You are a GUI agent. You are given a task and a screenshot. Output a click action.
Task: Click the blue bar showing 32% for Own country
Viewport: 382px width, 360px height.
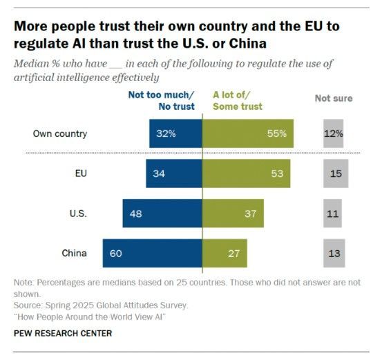point(175,133)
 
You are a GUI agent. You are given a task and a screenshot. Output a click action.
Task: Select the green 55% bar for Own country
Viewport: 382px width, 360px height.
point(247,133)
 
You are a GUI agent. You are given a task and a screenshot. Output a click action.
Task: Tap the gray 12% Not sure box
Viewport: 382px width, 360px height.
point(334,133)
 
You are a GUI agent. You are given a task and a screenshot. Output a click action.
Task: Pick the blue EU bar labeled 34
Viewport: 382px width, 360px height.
point(173,173)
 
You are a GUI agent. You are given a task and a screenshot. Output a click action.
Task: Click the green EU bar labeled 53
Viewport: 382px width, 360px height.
point(246,173)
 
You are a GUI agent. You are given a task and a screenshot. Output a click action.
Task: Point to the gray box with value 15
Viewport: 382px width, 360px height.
point(334,173)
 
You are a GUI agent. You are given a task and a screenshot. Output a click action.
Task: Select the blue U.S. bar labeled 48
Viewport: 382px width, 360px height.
point(162,214)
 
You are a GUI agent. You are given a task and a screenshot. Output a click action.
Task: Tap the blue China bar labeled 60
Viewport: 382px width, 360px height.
point(152,254)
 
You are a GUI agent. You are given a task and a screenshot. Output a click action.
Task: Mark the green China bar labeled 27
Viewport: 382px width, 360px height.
point(225,254)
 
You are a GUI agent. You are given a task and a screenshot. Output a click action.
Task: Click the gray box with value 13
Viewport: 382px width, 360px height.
point(334,254)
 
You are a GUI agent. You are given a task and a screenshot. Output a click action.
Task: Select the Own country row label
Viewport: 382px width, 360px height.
point(60,133)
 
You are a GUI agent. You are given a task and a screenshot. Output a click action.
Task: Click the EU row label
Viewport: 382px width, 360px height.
point(80,173)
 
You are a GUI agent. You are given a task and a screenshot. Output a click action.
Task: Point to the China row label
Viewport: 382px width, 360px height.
point(73,254)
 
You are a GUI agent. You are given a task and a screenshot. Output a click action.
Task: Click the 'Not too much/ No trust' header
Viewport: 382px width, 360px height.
point(162,101)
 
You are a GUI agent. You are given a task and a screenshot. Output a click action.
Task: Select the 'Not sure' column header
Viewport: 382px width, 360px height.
point(334,98)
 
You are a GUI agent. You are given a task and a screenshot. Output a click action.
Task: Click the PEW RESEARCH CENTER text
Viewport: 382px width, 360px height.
point(62,333)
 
